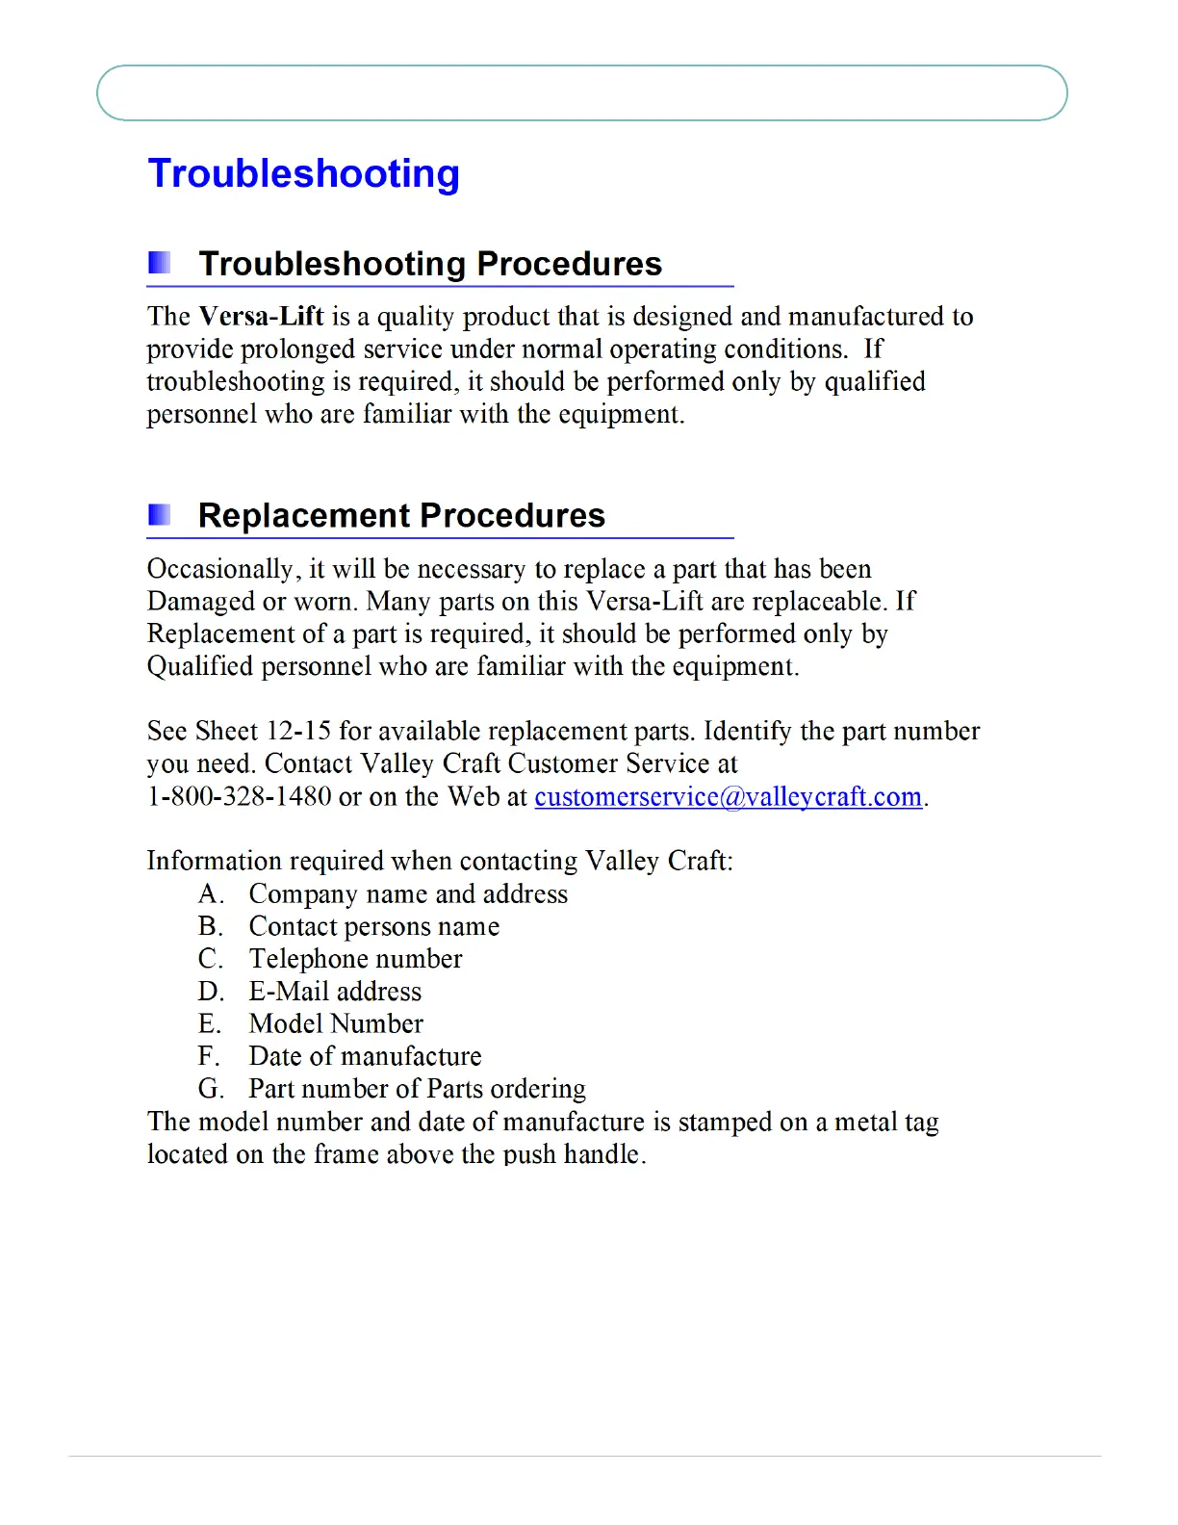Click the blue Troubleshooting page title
coord(303,174)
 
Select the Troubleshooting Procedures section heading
coord(429,264)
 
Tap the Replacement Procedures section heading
coord(401,516)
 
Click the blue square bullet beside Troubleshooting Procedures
coord(160,262)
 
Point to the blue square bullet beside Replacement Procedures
coord(160,514)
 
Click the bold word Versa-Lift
coord(261,317)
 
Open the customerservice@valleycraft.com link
coord(728,797)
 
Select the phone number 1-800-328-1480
coord(239,797)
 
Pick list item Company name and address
coord(408,894)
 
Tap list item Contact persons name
coord(373,927)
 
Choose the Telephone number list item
coord(355,960)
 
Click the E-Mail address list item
coord(335,992)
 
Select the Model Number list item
coord(336,1024)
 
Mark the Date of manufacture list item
coord(365,1057)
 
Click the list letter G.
coord(210,1090)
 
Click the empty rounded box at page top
coord(581,93)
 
